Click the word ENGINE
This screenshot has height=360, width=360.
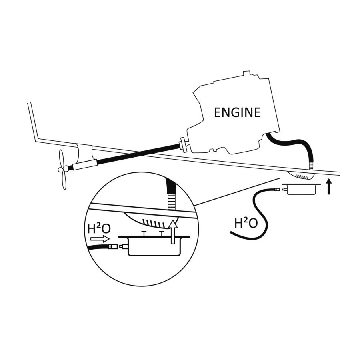(x=237, y=112)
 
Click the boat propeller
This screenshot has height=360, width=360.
(x=62, y=170)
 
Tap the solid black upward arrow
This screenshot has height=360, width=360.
(x=329, y=186)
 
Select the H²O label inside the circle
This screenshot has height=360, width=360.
(x=99, y=228)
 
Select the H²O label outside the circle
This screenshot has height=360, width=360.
(x=246, y=223)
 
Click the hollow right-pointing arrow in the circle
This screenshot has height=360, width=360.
(x=100, y=239)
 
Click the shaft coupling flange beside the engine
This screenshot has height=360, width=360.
(x=183, y=145)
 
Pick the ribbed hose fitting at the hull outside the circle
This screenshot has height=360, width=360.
(x=311, y=166)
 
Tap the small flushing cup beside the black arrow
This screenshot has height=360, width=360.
(x=301, y=189)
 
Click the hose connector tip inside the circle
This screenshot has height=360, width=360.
(x=112, y=246)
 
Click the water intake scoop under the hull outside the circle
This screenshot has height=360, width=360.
(x=301, y=175)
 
